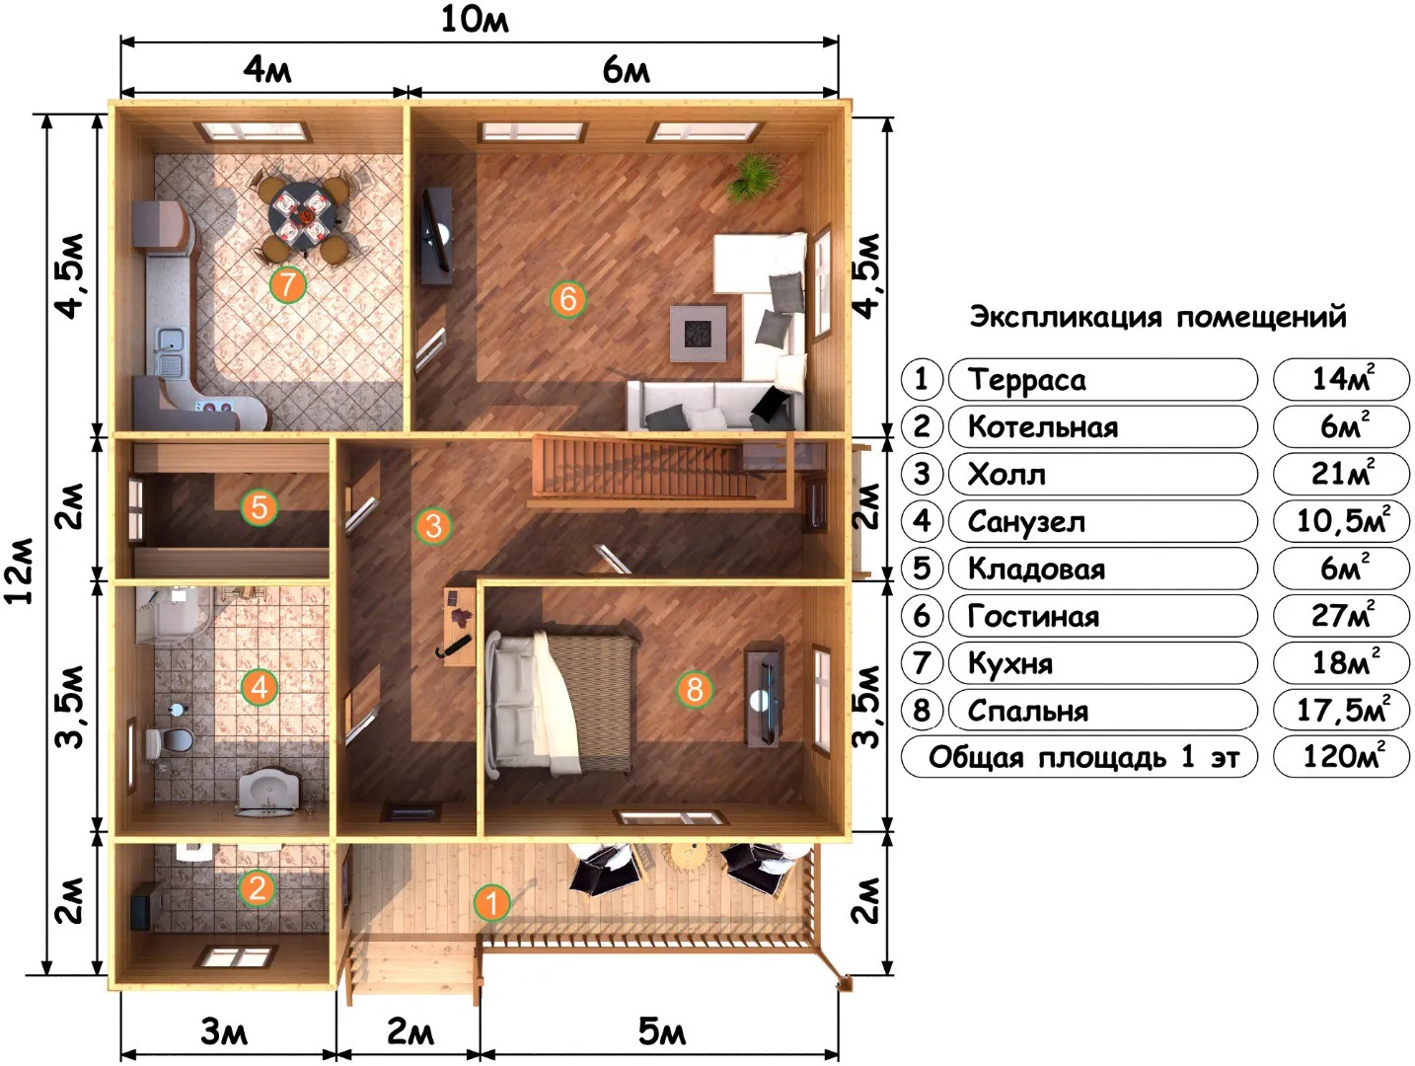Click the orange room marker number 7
(x=287, y=284)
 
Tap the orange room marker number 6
(x=567, y=299)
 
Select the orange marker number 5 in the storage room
(x=260, y=507)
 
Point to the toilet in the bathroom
(x=169, y=740)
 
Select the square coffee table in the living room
(x=699, y=333)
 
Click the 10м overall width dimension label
(x=475, y=20)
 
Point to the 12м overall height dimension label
(x=20, y=571)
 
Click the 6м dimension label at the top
(x=626, y=70)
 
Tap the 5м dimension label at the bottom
(x=661, y=1031)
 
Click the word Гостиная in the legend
(x=1033, y=617)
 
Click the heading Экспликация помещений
(x=1157, y=317)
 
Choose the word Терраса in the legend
(x=1026, y=380)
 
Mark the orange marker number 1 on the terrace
(x=491, y=903)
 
